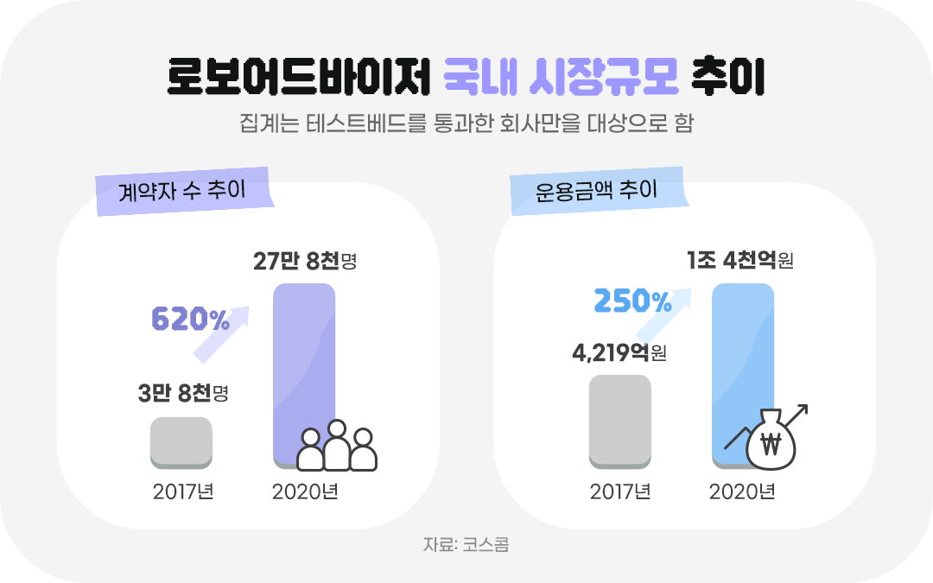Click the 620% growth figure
191,320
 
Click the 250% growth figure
633,301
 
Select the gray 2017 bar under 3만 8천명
181,442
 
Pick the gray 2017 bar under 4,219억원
619,421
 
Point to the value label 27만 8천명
305,261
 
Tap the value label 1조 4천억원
739,260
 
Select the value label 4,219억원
619,352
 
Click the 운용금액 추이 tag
597,190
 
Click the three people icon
337,446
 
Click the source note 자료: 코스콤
466,545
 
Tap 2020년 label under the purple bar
305,492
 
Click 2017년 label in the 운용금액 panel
619,492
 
